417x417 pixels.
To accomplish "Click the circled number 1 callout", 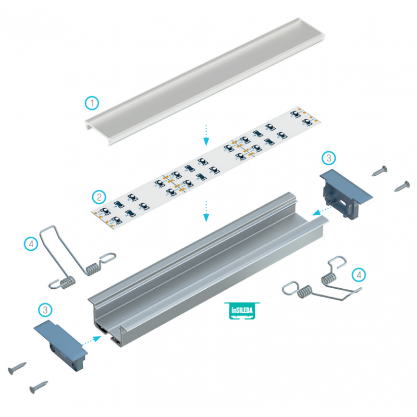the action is [x=92, y=103].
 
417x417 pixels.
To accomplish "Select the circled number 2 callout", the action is [x=99, y=197].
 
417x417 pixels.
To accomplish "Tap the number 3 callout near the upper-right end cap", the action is [x=329, y=158].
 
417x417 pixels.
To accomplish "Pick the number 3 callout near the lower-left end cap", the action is [x=45, y=310].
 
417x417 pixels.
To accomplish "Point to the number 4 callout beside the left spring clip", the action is [x=31, y=243].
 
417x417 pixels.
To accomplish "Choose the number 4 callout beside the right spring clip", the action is [x=359, y=275].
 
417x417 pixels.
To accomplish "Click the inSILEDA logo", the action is [x=242, y=310].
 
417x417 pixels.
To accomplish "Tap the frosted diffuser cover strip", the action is [x=205, y=81].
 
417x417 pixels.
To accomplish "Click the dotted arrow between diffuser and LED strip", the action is [x=206, y=135].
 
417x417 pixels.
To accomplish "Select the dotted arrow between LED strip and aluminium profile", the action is [x=206, y=212].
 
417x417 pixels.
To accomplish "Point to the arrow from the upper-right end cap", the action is [x=322, y=210].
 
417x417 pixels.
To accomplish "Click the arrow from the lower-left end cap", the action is [x=92, y=341].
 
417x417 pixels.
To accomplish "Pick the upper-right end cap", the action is [x=346, y=194].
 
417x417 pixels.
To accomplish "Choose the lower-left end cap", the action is [x=60, y=345].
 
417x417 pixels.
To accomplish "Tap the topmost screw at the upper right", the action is [x=379, y=171].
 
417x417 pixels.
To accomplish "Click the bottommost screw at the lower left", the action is [x=39, y=387].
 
